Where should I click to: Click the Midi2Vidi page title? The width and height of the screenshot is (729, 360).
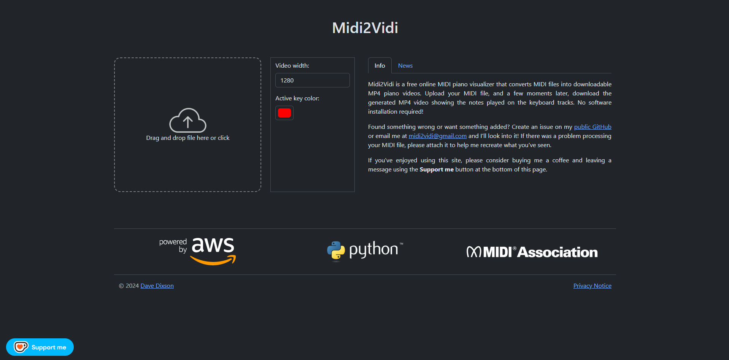[365, 28]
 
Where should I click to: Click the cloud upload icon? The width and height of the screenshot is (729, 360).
[187, 120]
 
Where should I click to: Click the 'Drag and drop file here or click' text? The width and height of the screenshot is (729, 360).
[187, 138]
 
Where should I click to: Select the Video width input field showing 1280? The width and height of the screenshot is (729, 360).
[312, 80]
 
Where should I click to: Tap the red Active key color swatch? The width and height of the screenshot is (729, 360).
[284, 113]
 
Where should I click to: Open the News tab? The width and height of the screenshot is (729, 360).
[405, 66]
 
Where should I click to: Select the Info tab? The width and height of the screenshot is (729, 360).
[380, 66]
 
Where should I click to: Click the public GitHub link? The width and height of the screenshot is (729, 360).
[592, 127]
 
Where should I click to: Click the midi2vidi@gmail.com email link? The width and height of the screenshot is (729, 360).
[437, 136]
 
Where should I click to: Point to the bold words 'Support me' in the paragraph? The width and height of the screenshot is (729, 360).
[436, 170]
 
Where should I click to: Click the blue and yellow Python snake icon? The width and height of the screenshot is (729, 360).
[336, 251]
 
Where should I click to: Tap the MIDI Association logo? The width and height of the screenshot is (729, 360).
[532, 252]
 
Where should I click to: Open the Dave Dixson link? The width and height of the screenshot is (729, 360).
[157, 286]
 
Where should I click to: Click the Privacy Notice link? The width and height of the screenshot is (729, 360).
[592, 286]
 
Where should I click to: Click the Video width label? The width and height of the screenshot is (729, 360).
[292, 66]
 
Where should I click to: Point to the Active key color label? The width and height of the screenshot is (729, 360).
[297, 98]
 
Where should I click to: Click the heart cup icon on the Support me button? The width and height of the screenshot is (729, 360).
[21, 347]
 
